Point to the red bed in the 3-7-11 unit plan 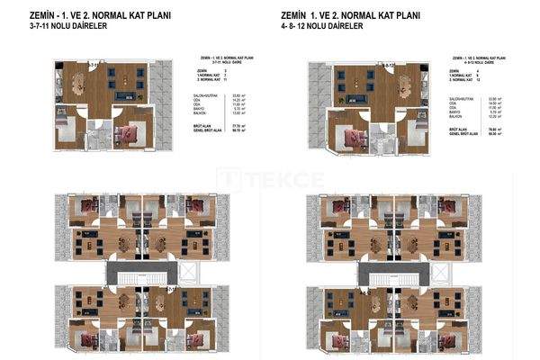128,134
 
